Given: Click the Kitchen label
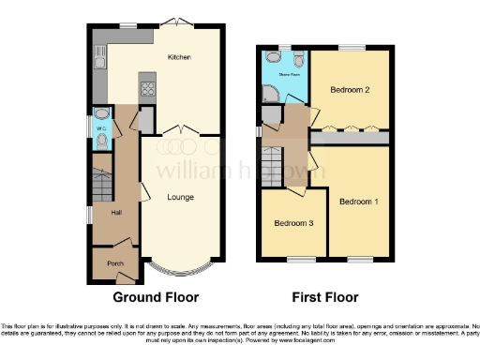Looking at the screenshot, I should tap(179, 58).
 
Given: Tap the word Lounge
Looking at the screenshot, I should tap(180, 197).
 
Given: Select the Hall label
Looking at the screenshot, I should tap(117, 214).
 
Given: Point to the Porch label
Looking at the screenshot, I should tap(115, 263).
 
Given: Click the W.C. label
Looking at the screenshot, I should tap(98, 128).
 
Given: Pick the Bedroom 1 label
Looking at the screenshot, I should tap(358, 202).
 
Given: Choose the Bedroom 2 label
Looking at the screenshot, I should tap(348, 90).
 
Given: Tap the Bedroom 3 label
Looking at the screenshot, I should tap(292, 224).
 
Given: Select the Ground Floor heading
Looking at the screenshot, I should tap(156, 298).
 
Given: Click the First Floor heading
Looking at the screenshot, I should tap(324, 298).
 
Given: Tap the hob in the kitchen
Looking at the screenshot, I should tap(147, 90).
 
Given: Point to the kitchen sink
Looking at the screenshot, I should tap(99, 62).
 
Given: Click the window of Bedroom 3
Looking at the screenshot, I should tap(298, 258).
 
